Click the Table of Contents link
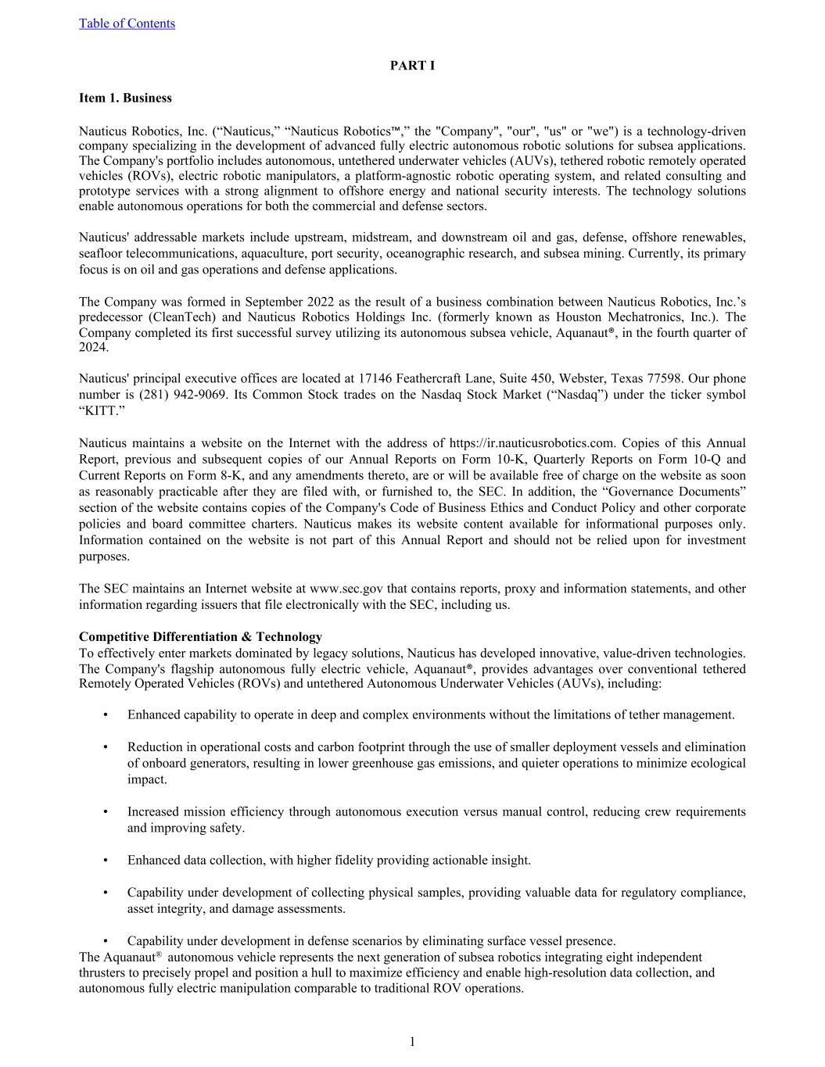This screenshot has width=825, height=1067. pos(127,23)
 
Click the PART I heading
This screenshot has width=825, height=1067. pos(412,66)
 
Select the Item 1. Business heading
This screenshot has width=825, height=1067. pos(125,98)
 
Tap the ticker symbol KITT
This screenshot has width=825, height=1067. pos(102,411)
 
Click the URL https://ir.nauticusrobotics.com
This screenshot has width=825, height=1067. pos(522,443)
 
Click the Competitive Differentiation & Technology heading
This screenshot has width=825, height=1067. pos(200,636)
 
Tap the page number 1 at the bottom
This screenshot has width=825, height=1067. pos(412,1041)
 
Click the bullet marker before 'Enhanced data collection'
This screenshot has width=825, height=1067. pos(105,861)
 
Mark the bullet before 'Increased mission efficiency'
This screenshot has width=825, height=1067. pos(105,812)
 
